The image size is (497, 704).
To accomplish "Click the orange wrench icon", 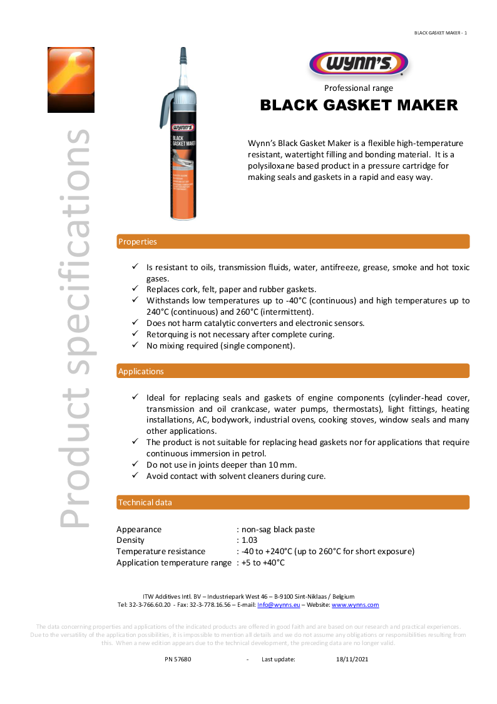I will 71,80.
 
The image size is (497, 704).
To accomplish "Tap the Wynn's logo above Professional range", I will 359,64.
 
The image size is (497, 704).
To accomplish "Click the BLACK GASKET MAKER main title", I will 359,105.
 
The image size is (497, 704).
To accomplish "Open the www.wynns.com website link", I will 355,605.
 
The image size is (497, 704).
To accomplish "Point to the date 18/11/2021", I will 352,659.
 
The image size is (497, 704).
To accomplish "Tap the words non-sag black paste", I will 278,529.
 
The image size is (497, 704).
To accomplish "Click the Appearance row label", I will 139,529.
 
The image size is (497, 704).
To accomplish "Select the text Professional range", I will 359,88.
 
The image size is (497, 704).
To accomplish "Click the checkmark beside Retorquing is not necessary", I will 135,334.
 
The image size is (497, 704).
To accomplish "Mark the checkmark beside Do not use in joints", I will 135,464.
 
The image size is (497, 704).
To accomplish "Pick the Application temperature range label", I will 174,562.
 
